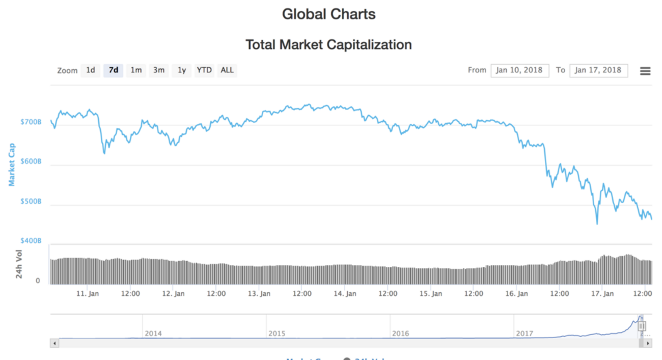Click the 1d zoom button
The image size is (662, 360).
(x=90, y=70)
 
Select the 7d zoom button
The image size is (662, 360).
(x=113, y=70)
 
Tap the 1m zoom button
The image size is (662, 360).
(x=136, y=70)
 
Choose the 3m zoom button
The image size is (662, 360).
(x=159, y=70)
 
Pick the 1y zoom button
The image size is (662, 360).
(x=182, y=70)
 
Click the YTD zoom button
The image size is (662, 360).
(x=204, y=70)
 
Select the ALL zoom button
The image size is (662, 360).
(x=227, y=70)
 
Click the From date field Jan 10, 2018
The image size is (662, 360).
(x=519, y=70)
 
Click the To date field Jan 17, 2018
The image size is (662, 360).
(x=598, y=70)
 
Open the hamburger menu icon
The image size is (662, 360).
(x=645, y=71)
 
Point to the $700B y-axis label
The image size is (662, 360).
(x=31, y=122)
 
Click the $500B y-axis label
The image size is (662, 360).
(x=31, y=202)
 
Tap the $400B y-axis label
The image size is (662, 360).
(x=31, y=240)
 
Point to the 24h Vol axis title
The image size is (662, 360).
(x=19, y=264)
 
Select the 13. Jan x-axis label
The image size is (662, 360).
(x=259, y=294)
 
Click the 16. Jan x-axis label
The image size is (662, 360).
(x=516, y=294)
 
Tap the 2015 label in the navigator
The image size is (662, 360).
(x=277, y=334)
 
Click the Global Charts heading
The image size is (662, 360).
(x=328, y=14)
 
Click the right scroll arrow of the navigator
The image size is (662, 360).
(x=648, y=344)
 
